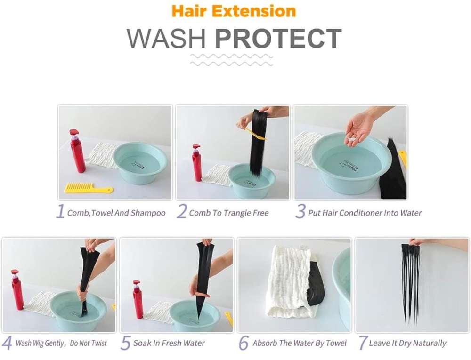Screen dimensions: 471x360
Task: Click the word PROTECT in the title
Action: (278, 39)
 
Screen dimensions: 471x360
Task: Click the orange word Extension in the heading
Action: (254, 11)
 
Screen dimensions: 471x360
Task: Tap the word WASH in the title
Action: (166, 39)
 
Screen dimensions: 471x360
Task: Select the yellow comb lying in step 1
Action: (89, 188)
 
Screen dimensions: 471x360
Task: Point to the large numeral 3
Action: (300, 211)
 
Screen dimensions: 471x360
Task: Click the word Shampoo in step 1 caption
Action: (148, 213)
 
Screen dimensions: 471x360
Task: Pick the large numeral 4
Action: (7, 343)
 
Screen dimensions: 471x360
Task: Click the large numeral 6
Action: (244, 343)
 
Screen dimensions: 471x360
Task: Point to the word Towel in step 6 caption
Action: (336, 343)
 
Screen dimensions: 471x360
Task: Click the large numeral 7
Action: (364, 343)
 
